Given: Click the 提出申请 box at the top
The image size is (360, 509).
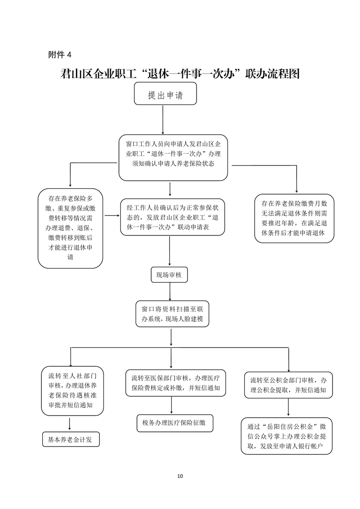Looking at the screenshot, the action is tap(165, 93).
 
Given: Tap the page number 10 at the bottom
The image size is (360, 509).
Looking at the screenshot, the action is tap(180, 476).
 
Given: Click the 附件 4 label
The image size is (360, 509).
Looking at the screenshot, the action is tap(60, 55).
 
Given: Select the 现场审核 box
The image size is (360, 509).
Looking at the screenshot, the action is tap(169, 275).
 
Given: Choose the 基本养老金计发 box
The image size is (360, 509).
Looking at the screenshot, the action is tap(71, 440).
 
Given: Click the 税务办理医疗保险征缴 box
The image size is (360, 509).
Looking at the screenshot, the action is tap(175, 423).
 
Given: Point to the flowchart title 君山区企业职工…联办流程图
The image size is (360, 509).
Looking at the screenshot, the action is tap(180, 74).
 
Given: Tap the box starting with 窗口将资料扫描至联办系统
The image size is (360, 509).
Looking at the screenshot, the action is tap(172, 314).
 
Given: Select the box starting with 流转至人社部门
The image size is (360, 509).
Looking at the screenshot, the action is tap(73, 391).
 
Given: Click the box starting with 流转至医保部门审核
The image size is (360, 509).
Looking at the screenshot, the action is tap(175, 383).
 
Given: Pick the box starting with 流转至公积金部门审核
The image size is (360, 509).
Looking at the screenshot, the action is tap(289, 385).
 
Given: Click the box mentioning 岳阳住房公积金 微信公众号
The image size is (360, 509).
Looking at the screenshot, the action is tap(286, 436).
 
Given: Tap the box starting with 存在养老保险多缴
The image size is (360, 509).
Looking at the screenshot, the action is tap(70, 228).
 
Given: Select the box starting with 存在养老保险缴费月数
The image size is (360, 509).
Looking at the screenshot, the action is tap(294, 219).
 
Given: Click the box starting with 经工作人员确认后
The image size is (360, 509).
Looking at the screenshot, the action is tap(173, 217).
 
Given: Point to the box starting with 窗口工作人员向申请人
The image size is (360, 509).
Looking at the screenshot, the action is tap(173, 158).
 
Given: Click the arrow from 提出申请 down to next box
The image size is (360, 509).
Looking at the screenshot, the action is tap(163, 120).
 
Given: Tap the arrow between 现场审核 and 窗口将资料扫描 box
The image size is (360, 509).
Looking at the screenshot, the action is tap(170, 292).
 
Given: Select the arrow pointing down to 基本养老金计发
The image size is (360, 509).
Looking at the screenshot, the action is tap(69, 424).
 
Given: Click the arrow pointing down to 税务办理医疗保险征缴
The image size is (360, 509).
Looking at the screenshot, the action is tap(172, 405).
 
